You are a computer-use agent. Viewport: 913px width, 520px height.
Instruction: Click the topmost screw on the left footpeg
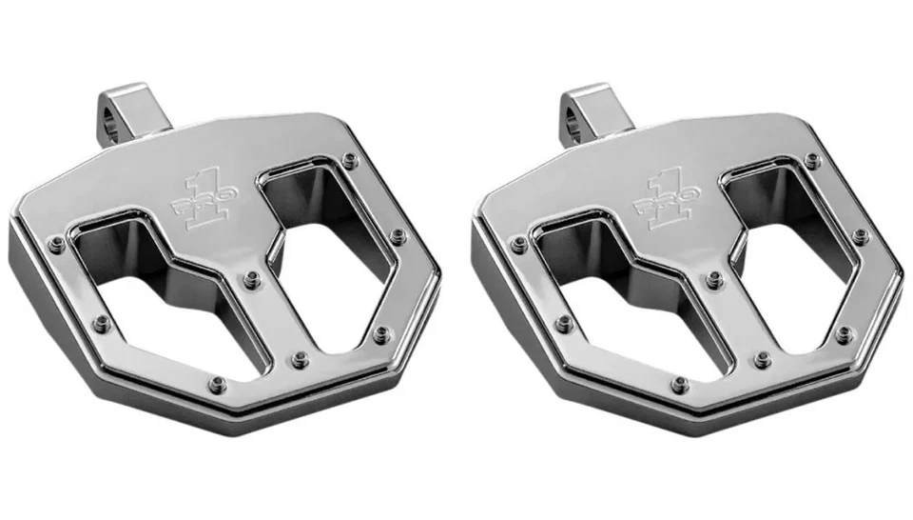(x=350, y=159)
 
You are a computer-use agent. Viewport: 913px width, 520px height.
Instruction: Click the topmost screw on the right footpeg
(x=814, y=159)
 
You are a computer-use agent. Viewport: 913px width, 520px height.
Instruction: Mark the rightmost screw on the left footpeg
(x=398, y=234)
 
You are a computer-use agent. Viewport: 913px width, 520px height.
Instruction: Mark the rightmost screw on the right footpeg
(x=861, y=234)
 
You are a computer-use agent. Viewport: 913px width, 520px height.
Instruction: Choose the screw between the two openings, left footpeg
(x=252, y=279)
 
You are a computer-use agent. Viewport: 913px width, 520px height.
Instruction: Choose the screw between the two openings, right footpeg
(x=715, y=279)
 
